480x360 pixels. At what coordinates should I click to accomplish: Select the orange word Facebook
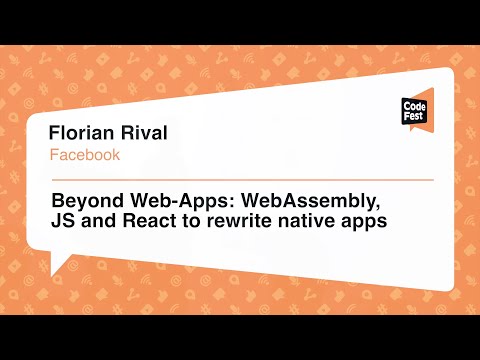pyautogui.click(x=85, y=155)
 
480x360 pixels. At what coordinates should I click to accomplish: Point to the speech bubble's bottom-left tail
pyautogui.click(x=58, y=265)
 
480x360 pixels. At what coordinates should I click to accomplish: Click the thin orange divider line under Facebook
pyautogui.click(x=240, y=180)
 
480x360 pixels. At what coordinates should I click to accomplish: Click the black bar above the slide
pyautogui.click(x=240, y=21)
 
